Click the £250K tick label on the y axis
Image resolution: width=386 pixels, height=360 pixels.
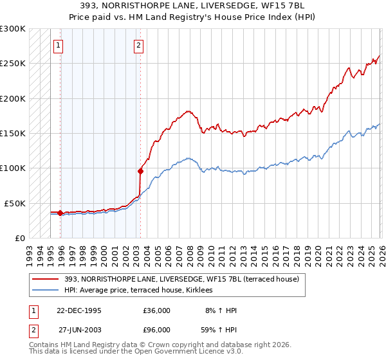pos(13,64)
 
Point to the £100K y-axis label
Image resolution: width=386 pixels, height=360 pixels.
pos(13,168)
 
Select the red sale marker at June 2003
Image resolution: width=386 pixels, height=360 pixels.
pos(140,171)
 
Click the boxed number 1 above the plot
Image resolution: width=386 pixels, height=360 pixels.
pos(59,45)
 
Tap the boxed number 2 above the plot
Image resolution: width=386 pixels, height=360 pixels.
pos(138,45)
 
